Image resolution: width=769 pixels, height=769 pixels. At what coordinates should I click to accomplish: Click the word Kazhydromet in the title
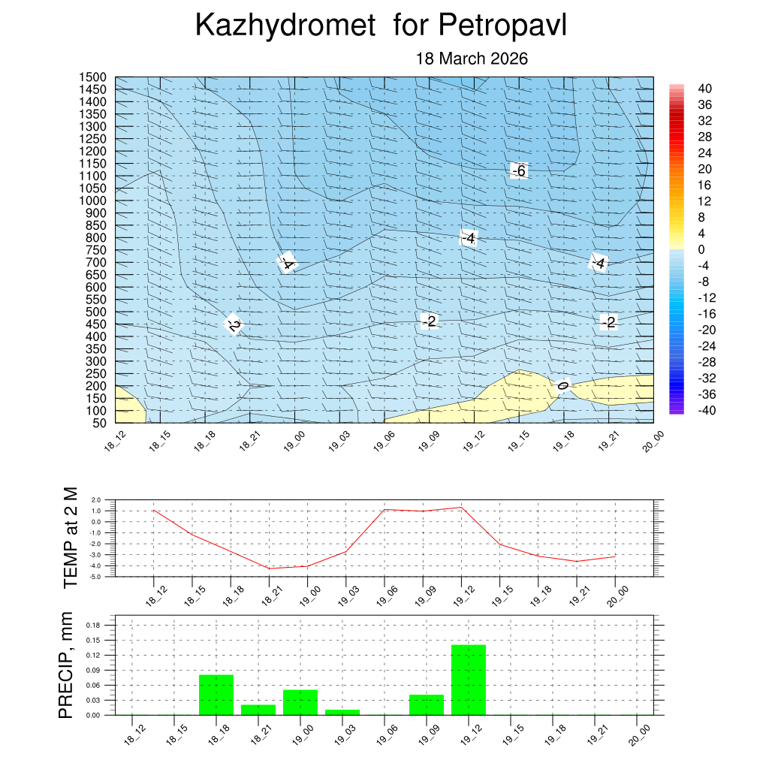(285, 26)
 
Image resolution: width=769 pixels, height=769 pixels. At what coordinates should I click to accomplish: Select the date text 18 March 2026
(472, 59)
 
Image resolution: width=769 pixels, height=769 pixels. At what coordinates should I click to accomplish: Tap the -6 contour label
(519, 171)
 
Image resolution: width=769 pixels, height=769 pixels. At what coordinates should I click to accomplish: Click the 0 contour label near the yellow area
(562, 386)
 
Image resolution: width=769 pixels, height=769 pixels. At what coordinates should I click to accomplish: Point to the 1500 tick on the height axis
(94, 77)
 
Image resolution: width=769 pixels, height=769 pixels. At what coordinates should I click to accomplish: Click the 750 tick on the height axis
(94, 250)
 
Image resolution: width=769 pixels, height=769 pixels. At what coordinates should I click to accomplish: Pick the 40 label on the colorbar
(704, 89)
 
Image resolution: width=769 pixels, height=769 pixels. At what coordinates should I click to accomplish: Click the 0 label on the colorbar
(701, 249)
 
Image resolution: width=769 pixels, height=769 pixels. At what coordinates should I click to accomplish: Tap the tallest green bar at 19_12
(469, 680)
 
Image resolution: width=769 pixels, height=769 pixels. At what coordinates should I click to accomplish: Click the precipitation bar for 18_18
(216, 695)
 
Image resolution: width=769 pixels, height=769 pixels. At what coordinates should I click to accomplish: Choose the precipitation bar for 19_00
(300, 702)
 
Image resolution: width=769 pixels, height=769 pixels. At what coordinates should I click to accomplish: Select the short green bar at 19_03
(342, 712)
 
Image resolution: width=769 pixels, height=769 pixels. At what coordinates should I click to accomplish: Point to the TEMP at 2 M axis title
(71, 537)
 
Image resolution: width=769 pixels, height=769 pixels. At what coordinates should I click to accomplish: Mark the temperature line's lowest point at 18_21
(269, 568)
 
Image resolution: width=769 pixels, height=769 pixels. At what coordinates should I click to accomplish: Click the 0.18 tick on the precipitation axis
(92, 625)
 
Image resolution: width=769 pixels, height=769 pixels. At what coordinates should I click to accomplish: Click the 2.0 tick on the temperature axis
(95, 500)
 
